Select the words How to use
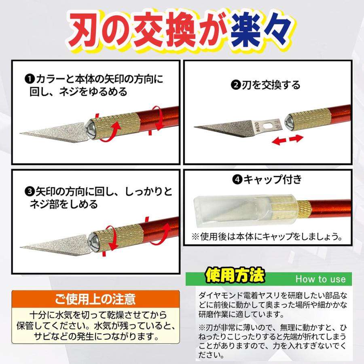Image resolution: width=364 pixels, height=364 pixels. point(320,279)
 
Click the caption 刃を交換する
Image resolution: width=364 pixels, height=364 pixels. point(271,85)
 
